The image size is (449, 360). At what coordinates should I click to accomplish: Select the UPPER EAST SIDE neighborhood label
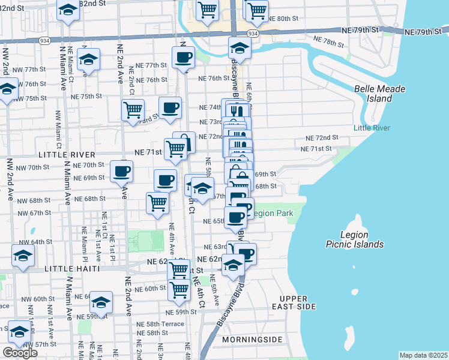pos(298,302)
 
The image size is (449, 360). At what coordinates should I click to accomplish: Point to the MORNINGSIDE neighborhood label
pos(252,340)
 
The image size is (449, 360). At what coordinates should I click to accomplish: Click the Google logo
pos(20,353)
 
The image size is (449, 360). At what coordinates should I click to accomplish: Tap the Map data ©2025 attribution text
pos(423,355)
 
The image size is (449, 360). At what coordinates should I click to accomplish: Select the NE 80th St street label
pos(283,19)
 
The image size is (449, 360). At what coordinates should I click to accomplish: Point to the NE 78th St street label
pos(329,42)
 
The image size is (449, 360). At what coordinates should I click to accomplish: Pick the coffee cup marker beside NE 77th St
pos(183,58)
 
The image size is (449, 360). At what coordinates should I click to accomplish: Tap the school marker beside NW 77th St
pos(88,59)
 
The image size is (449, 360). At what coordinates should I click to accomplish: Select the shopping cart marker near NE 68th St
pos(157,202)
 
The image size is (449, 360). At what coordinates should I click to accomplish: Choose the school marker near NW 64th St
pos(23,255)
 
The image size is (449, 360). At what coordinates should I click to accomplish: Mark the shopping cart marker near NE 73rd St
pos(133,110)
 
